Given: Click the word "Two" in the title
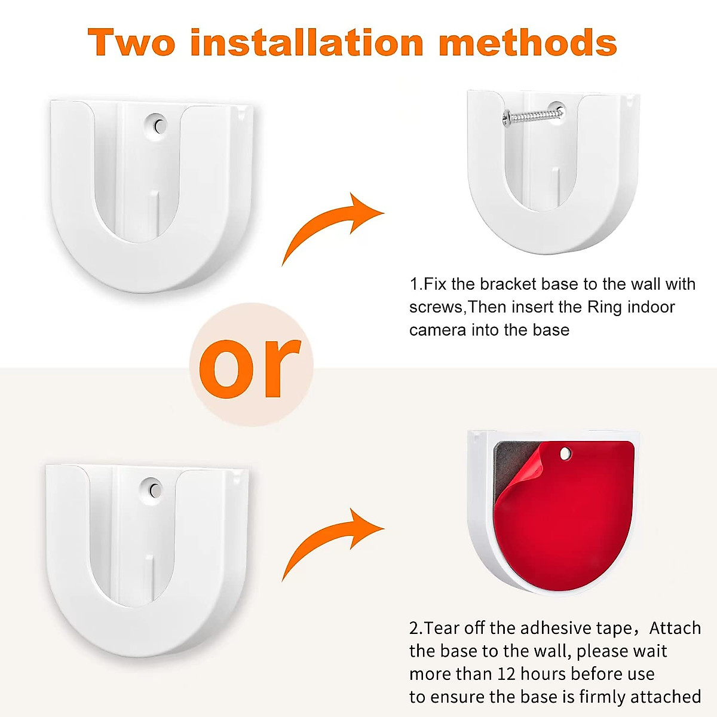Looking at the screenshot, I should coord(132,43).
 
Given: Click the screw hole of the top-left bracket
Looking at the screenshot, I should coord(158,126).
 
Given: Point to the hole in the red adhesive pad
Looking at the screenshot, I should coord(565,455).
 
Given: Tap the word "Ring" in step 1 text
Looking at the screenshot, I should coord(605,307).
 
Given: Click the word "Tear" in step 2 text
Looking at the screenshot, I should coord(442,628).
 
